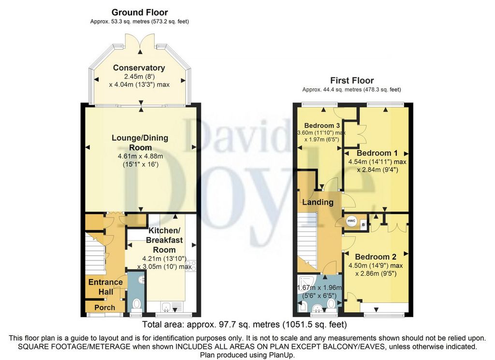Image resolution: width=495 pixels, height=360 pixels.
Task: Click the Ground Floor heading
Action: point(140,13)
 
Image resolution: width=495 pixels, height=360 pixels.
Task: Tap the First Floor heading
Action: point(352,80)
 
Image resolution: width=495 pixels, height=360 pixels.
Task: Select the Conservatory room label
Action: point(139,68)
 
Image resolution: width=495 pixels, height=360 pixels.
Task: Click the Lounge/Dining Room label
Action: point(140,143)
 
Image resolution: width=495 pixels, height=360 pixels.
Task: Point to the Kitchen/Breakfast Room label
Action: point(164,240)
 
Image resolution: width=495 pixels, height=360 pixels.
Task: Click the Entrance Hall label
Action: point(105,287)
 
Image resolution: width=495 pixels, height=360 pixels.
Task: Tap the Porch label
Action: point(105,307)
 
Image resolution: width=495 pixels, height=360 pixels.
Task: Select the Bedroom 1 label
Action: point(377,153)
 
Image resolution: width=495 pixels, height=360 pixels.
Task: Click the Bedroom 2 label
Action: point(376,257)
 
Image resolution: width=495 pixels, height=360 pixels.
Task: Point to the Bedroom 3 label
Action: point(320,126)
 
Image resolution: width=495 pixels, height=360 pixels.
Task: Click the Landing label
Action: point(318,202)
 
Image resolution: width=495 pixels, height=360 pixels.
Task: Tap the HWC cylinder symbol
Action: point(351,221)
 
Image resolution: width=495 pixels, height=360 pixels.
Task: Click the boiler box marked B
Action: point(364,225)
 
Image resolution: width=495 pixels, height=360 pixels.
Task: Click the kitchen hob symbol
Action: point(191,265)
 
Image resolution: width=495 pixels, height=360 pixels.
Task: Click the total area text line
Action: point(244,324)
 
